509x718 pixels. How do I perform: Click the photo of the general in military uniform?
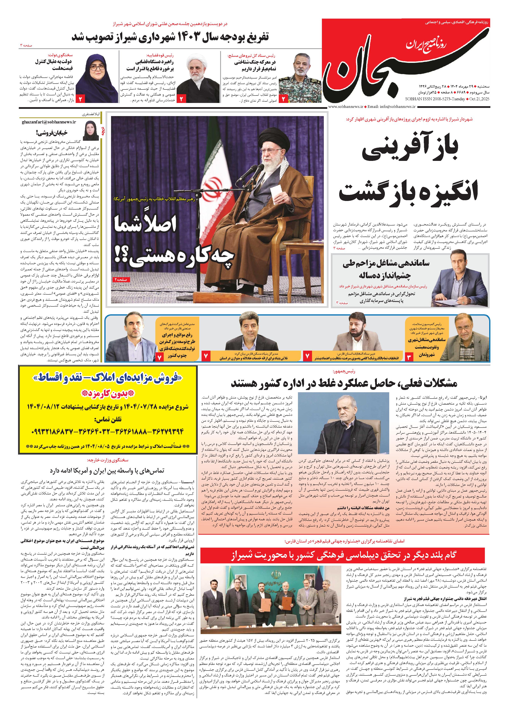coord(300,78)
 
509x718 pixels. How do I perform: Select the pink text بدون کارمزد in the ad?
coord(107,394)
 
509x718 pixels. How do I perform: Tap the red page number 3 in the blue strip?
coord(409,357)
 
